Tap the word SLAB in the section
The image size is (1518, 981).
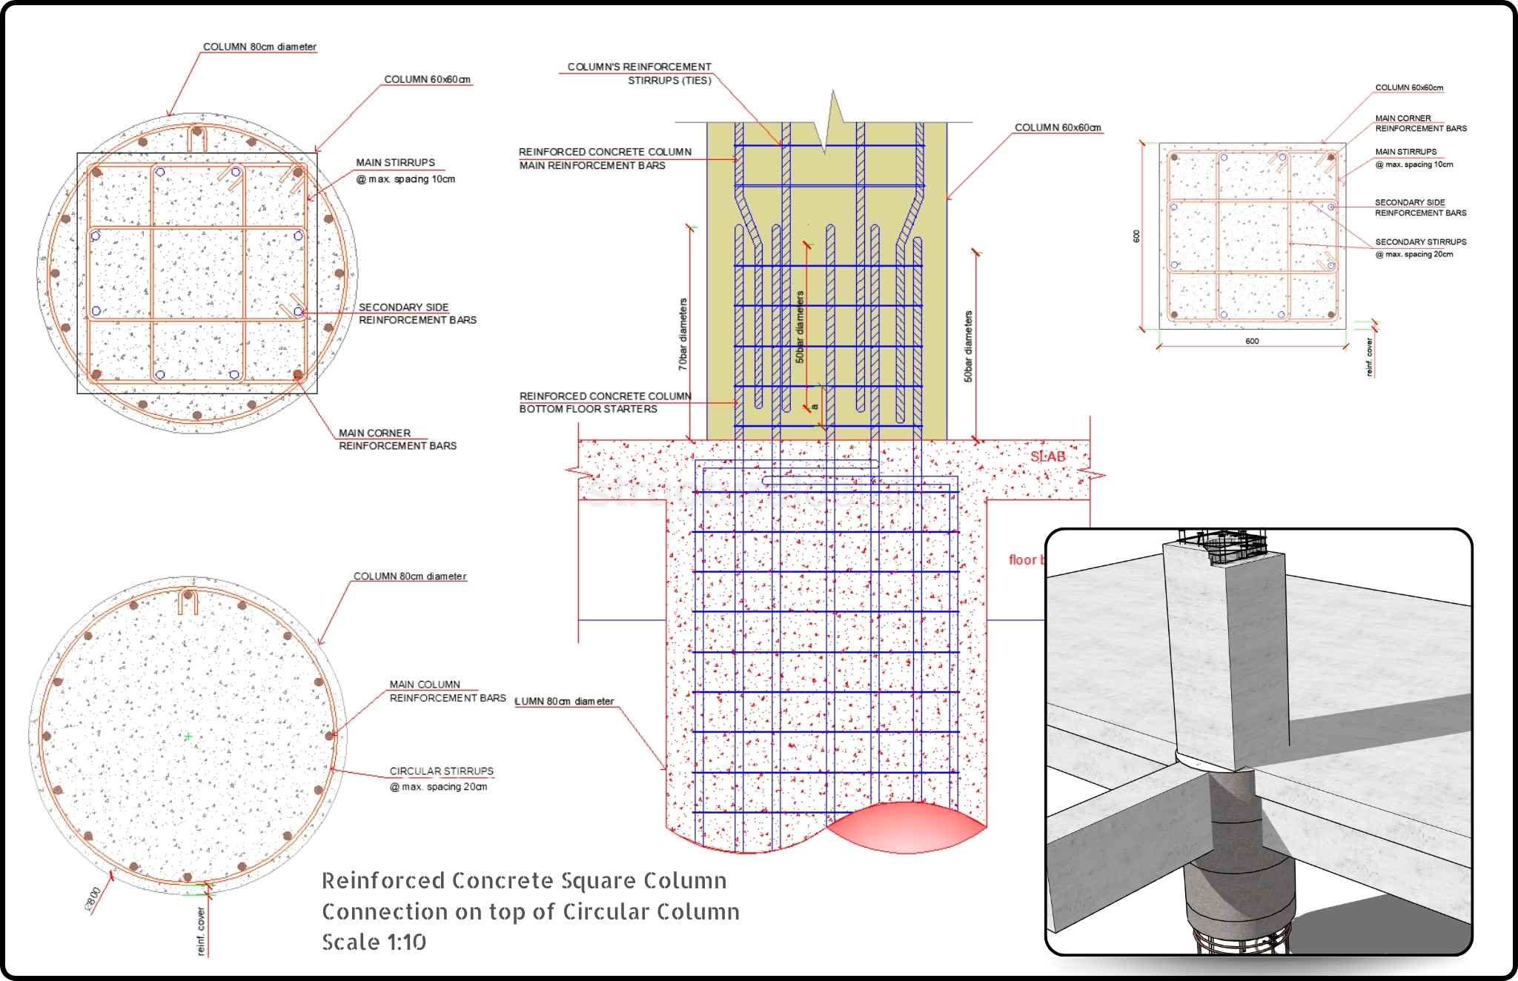(1047, 456)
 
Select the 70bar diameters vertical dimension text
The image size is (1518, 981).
(683, 334)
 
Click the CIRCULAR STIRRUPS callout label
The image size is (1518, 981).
(442, 771)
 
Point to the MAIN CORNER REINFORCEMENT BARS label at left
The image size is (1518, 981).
(397, 439)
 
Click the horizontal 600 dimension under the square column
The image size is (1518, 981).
(1252, 341)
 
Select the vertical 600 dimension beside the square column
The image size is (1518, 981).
(1136, 236)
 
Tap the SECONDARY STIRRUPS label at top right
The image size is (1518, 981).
(1420, 242)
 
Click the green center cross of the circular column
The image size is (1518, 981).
(188, 736)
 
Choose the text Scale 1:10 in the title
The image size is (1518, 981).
(374, 942)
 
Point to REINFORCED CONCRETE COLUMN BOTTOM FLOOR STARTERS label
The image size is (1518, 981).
(605, 402)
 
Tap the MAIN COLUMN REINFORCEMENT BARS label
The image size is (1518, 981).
(447, 691)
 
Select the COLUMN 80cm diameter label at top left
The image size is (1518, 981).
(259, 47)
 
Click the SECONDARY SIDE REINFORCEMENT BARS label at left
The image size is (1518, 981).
(417, 313)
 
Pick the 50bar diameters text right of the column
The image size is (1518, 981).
(968, 347)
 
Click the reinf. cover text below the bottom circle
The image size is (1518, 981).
(201, 931)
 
